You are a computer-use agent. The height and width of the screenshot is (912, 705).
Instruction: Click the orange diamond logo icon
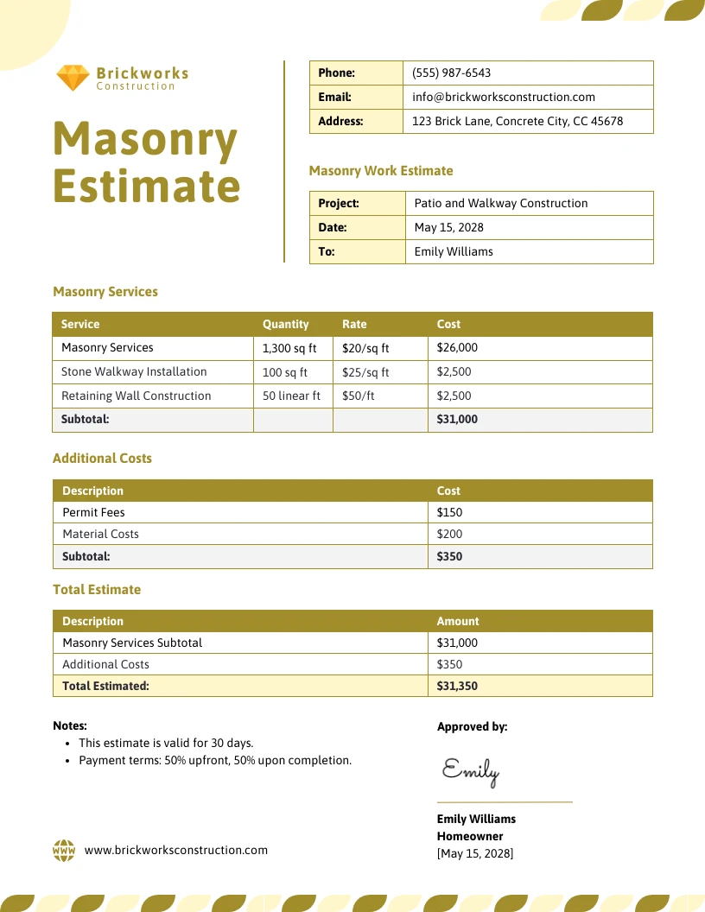coord(73,78)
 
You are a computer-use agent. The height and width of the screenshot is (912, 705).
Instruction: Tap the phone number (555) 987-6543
coord(451,73)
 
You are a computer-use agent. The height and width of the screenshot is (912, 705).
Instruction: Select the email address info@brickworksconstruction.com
coord(504,98)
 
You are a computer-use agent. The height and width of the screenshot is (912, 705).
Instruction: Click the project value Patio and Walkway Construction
coord(500,204)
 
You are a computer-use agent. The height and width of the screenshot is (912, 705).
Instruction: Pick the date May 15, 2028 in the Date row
coord(448,228)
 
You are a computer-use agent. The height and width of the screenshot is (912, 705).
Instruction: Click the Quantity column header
coord(285,325)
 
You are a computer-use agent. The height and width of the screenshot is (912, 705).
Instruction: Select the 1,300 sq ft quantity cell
coord(289,349)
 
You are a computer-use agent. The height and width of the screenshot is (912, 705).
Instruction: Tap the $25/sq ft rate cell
coord(365,372)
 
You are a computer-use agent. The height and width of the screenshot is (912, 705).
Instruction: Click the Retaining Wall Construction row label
coord(136,396)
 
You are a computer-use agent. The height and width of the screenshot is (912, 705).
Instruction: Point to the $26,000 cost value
coord(457,348)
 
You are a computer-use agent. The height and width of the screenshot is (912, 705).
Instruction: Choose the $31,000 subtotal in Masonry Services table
coord(457,420)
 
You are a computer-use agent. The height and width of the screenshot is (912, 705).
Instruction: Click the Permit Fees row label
coord(93,513)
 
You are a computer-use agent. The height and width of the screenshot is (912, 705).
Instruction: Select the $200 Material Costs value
coord(449,535)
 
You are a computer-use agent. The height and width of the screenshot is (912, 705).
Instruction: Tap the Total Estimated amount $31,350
coord(457,687)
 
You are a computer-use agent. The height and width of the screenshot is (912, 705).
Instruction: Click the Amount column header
coord(457,622)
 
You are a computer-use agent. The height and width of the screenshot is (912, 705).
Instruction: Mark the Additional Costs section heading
coord(102,459)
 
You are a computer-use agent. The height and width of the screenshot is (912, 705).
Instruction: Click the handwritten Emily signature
coord(470,770)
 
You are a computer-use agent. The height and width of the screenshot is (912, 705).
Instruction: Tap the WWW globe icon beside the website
coord(64,851)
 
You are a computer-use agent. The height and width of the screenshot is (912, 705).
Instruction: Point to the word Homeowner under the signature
coord(469,837)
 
